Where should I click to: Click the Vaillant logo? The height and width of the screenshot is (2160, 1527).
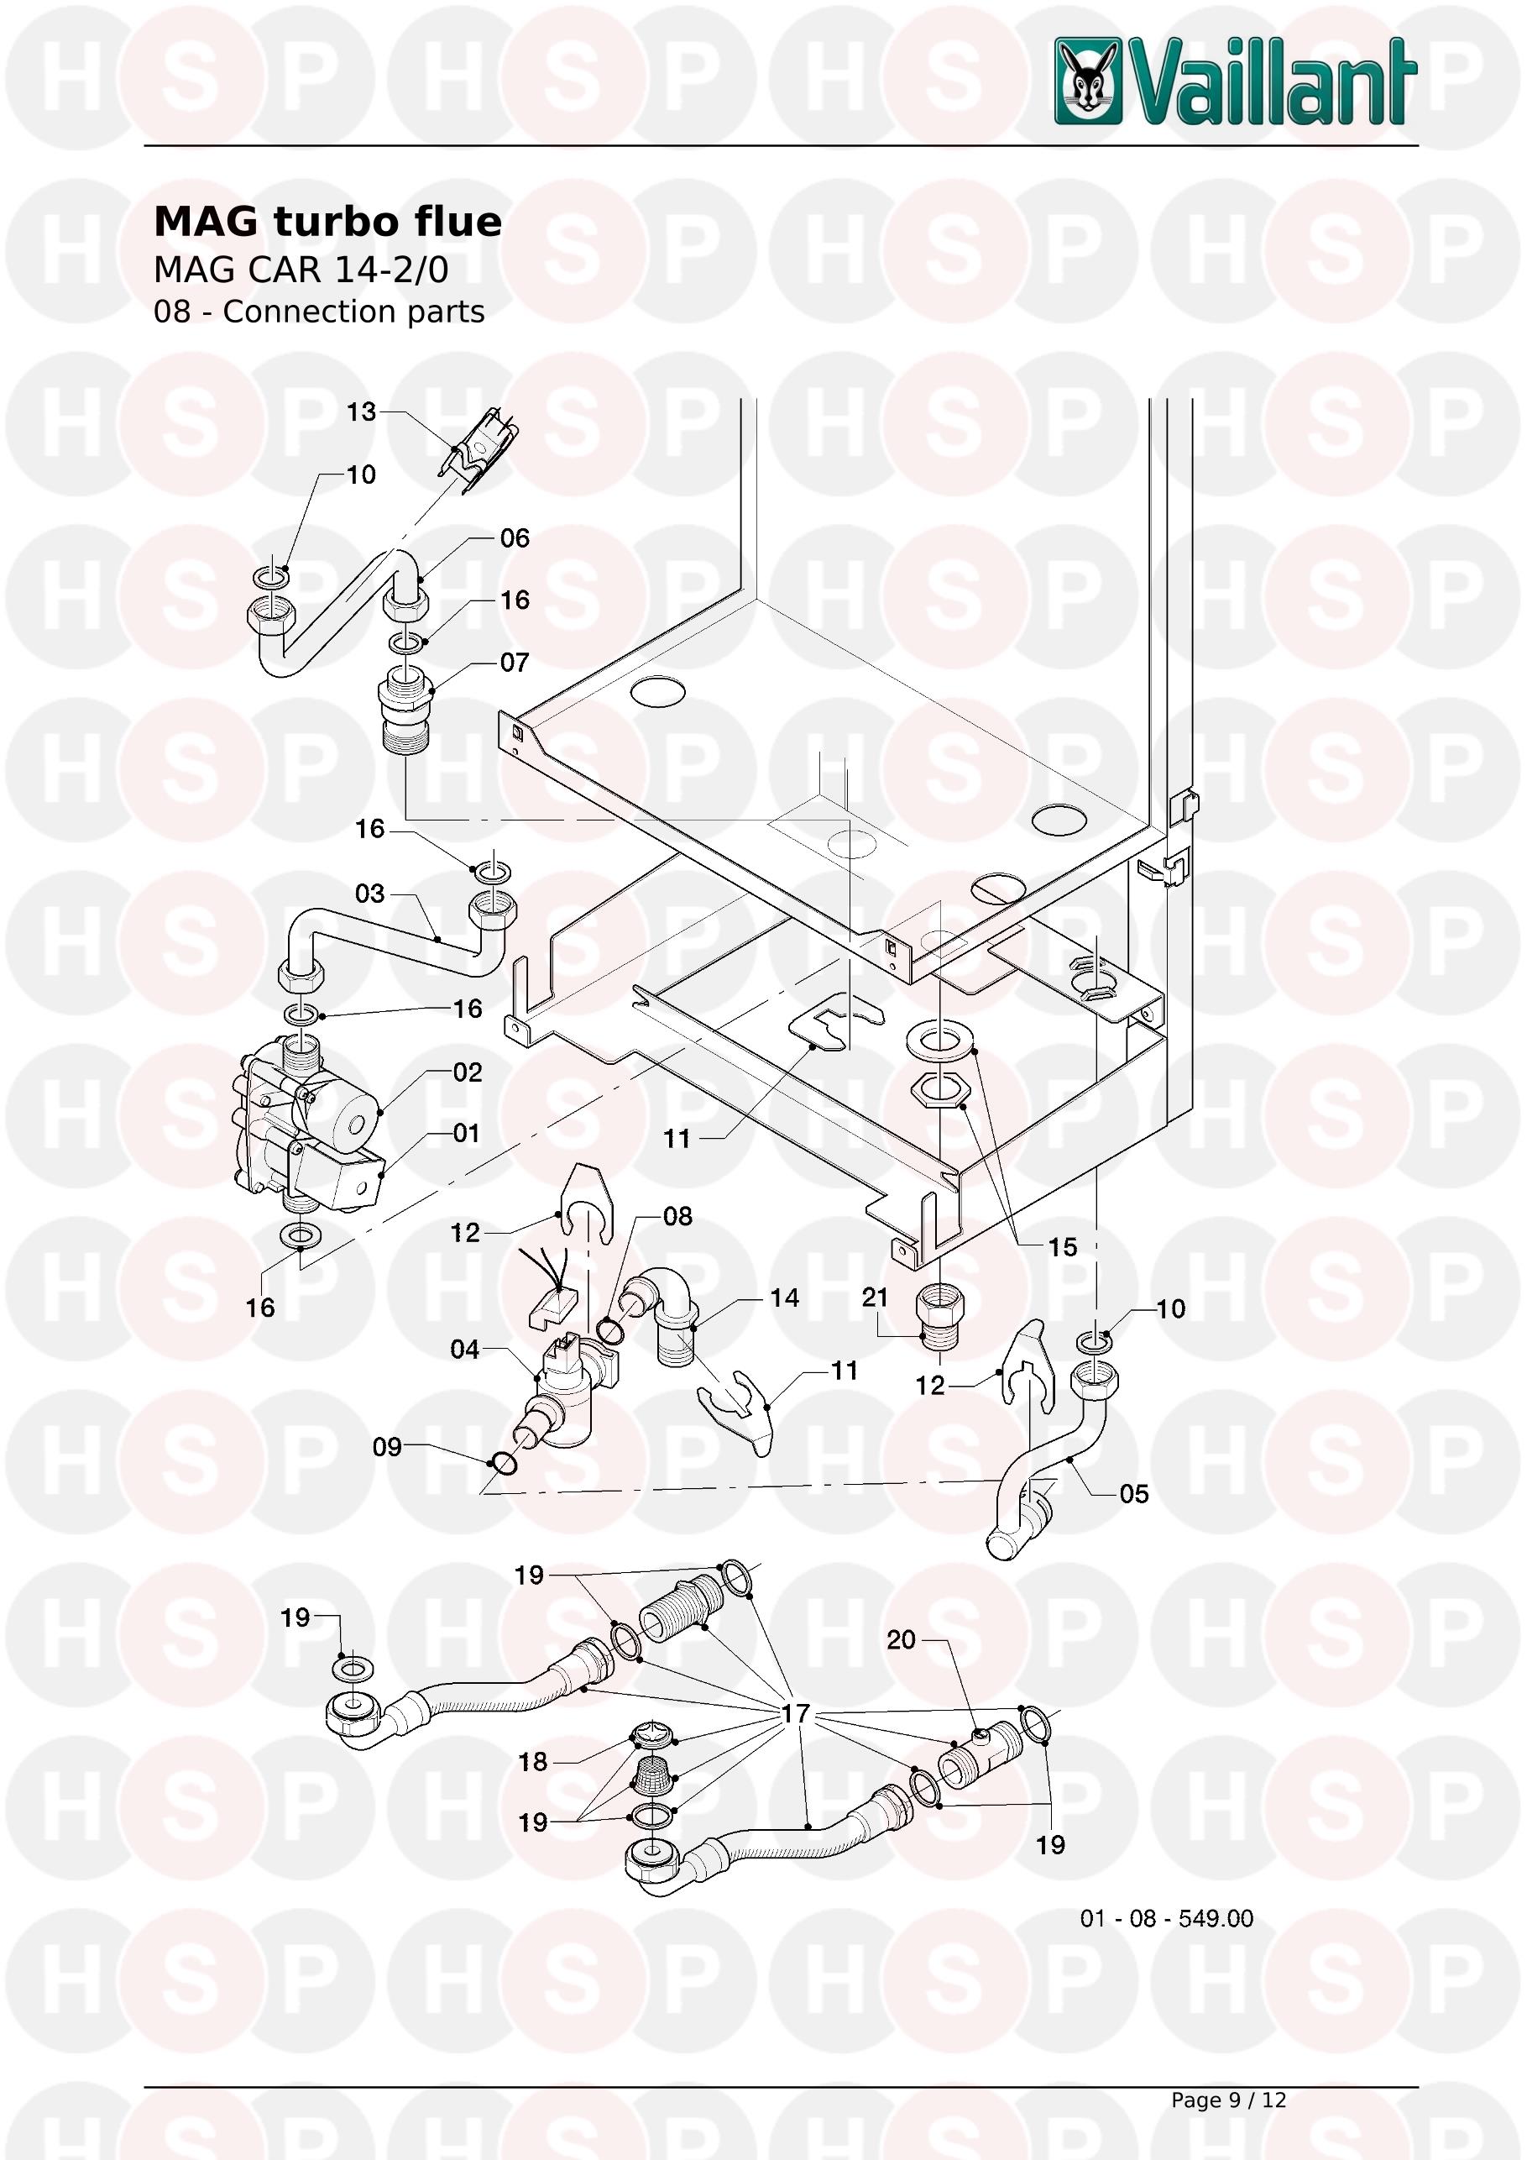[1235, 81]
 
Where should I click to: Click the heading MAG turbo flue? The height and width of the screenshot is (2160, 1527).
[327, 222]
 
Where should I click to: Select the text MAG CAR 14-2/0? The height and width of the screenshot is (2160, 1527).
[301, 270]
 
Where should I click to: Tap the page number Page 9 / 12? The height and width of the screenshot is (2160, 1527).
[1228, 2100]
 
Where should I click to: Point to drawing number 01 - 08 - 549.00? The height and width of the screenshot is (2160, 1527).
[1166, 1918]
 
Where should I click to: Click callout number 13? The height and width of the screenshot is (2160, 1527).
[361, 412]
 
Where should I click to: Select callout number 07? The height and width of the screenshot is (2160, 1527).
[515, 663]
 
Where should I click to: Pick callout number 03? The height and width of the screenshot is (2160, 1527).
[369, 893]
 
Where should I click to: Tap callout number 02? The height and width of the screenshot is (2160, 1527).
[468, 1072]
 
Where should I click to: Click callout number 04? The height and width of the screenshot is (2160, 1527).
[464, 1350]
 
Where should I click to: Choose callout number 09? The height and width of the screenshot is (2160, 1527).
[387, 1447]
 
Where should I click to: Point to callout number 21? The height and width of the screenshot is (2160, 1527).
[875, 1298]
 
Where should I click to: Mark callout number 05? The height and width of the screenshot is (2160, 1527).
[1134, 1494]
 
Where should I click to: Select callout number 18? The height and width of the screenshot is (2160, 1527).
[533, 1761]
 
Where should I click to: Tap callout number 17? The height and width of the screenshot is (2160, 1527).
[796, 1713]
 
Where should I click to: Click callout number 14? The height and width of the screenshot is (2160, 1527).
[784, 1298]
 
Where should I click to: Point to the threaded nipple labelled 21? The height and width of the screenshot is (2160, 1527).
[941, 1318]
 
